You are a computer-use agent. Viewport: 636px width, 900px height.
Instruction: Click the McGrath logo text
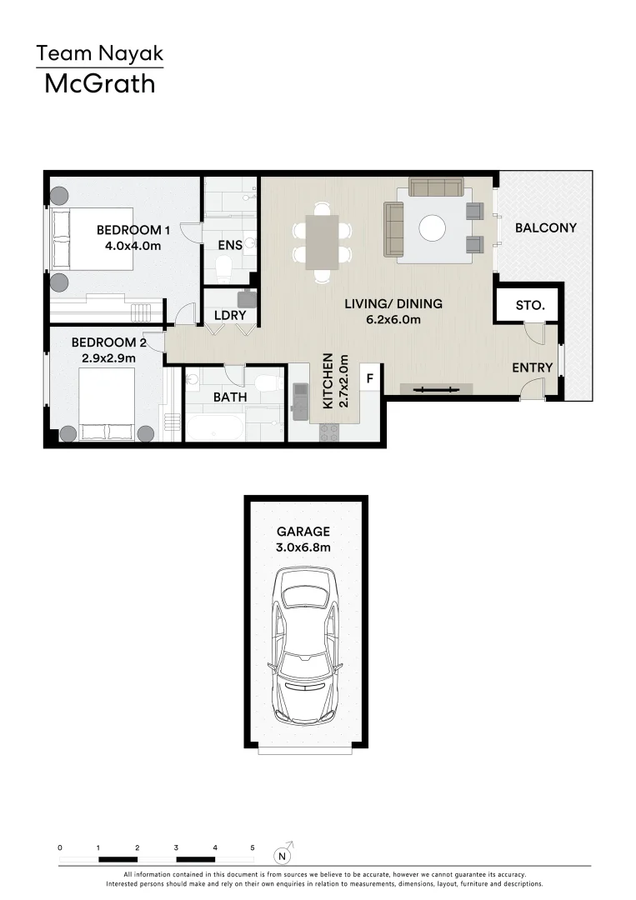[x=99, y=83]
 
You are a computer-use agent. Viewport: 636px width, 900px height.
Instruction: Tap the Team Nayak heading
[x=99, y=55]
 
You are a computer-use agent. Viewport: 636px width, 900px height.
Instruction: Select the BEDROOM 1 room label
[x=133, y=230]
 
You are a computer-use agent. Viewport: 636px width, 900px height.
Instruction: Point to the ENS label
[x=230, y=245]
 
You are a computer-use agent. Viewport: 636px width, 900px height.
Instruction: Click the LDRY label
[x=229, y=316]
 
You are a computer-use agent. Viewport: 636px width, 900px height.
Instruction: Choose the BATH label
[x=229, y=397]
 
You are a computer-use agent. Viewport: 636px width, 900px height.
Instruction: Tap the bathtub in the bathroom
[x=215, y=428]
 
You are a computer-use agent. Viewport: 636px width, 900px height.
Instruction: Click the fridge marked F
[x=369, y=377]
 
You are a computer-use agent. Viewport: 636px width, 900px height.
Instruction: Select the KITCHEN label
[x=328, y=381]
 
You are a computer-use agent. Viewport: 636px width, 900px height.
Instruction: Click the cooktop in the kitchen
[x=329, y=432]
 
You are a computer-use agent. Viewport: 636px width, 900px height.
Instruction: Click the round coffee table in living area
[x=432, y=228]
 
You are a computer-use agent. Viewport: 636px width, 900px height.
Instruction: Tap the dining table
[x=322, y=242]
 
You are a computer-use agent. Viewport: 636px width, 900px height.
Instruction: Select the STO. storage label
[x=530, y=306]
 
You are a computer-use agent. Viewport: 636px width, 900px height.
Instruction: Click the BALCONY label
[x=545, y=227]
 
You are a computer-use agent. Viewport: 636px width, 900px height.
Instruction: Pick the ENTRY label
[x=532, y=367]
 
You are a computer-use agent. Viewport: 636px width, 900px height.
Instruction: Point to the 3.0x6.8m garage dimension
[x=304, y=547]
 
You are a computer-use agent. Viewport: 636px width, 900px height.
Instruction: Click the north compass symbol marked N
[x=284, y=854]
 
